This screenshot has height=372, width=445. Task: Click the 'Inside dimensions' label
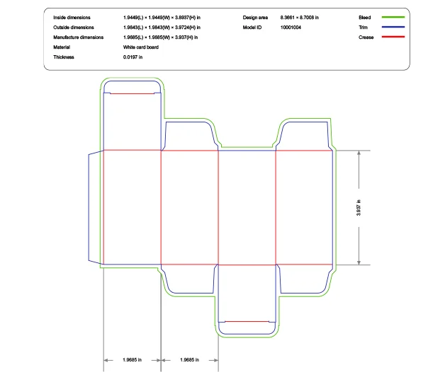(x=72, y=16)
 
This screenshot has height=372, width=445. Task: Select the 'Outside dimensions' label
(x=73, y=27)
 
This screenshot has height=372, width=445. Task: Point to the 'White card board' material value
(x=141, y=47)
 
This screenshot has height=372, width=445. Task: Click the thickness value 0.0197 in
(x=133, y=57)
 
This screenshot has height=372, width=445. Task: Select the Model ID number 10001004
(x=291, y=27)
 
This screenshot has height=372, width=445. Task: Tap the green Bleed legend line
(x=393, y=16)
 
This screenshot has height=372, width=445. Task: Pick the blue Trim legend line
(x=393, y=26)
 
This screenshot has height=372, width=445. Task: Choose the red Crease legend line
(x=393, y=36)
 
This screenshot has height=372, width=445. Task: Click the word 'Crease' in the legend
(x=366, y=37)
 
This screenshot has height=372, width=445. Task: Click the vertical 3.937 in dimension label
(x=359, y=208)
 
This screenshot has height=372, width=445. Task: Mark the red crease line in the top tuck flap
(x=132, y=93)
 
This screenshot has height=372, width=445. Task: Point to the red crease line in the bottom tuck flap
(x=247, y=322)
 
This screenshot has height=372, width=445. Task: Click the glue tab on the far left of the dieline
(x=95, y=207)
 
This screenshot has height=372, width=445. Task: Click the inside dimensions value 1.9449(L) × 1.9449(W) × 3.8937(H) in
(x=161, y=16)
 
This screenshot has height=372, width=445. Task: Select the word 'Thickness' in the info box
(x=64, y=57)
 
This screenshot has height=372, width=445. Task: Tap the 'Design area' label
(x=255, y=16)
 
